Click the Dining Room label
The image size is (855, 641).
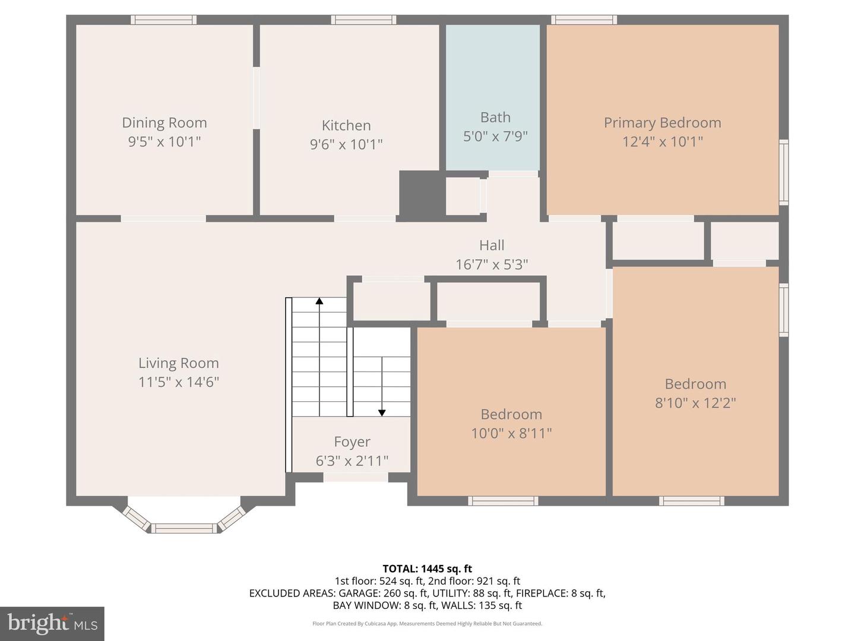(x=164, y=123)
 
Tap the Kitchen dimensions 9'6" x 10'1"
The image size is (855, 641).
(x=346, y=144)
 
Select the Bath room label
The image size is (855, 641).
(x=495, y=118)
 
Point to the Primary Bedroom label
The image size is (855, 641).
(x=662, y=123)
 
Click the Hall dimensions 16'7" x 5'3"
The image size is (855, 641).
(x=492, y=264)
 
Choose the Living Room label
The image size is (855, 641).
(x=178, y=363)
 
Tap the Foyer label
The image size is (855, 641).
(x=352, y=442)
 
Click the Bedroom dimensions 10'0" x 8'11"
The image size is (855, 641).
(x=511, y=433)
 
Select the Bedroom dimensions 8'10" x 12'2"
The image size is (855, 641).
(x=695, y=403)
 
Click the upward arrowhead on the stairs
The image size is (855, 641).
(x=319, y=301)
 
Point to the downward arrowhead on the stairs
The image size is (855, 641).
(x=382, y=412)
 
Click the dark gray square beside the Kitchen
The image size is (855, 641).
(x=422, y=193)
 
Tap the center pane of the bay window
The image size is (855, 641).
(x=183, y=528)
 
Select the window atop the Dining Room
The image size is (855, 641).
(x=163, y=20)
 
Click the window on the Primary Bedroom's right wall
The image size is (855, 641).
(x=784, y=172)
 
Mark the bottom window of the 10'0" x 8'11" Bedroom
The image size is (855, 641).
(x=503, y=501)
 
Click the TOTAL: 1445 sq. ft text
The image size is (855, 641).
(x=427, y=569)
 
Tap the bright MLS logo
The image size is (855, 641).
(x=52, y=623)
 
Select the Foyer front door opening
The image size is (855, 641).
(x=356, y=477)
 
